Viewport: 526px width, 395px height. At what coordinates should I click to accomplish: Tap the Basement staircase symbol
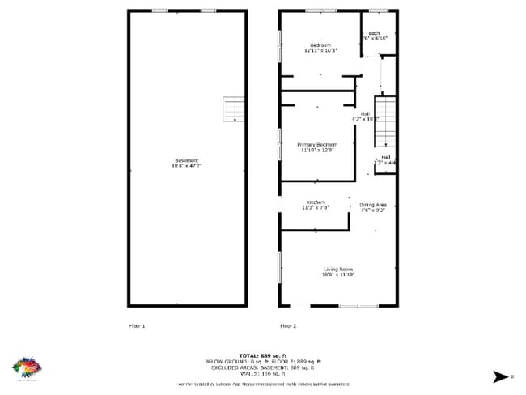234,108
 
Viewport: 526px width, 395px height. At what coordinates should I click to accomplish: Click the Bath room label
374,33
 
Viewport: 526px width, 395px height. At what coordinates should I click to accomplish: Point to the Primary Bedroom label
316,145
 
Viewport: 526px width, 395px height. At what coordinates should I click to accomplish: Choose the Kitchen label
315,202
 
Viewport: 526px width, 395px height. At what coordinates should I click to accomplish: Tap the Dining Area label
373,206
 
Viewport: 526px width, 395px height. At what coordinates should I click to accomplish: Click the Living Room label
339,270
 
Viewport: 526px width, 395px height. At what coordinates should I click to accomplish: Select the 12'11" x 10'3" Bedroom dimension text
320,50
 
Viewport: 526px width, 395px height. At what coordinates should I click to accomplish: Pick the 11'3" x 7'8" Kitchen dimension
315,208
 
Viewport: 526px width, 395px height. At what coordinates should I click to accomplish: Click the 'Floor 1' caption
138,325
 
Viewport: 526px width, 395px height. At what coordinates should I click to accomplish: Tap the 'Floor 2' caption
288,325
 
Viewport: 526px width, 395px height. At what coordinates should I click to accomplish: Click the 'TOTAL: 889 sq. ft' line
263,355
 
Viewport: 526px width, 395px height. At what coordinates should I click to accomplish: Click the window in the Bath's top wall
378,11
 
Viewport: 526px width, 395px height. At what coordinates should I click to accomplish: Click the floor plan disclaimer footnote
263,384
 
